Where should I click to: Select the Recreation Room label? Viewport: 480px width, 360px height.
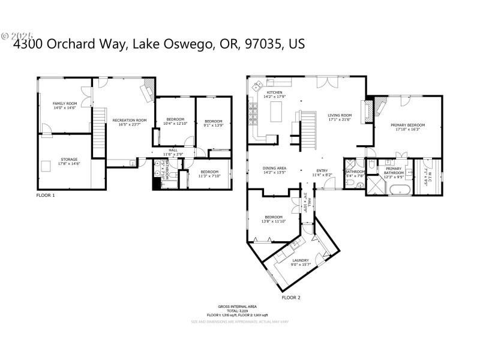(x=130, y=120)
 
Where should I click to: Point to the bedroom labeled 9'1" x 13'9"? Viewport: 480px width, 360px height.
(x=214, y=122)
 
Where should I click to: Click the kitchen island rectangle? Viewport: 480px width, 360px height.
(x=277, y=112)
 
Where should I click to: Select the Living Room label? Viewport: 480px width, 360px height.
(x=339, y=116)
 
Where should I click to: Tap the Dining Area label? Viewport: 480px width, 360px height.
(x=273, y=168)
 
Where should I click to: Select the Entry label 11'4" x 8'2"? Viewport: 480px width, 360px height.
(x=322, y=174)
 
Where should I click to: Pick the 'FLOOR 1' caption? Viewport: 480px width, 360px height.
(x=45, y=196)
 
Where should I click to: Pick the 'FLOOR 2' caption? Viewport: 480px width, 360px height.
(x=291, y=297)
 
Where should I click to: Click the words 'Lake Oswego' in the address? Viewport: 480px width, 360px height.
(x=161, y=44)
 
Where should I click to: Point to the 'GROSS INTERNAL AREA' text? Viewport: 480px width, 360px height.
(x=239, y=306)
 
